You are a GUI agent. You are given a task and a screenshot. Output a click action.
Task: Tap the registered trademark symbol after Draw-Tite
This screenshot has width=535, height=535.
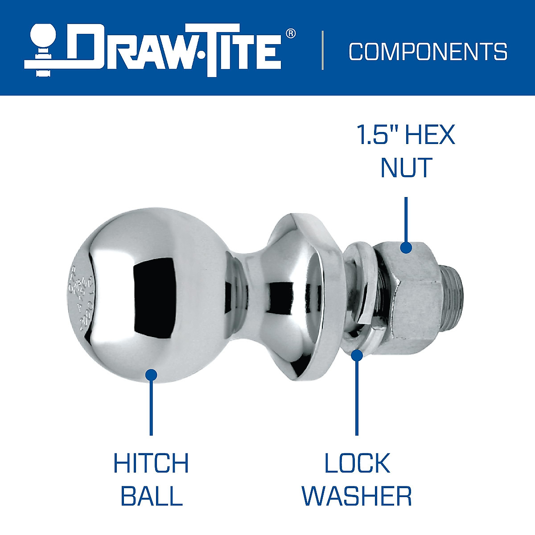tap(290, 33)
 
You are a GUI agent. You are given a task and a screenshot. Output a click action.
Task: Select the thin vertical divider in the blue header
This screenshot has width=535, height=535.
tap(323, 50)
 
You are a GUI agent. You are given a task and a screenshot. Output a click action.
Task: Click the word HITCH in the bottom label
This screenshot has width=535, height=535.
tap(151, 463)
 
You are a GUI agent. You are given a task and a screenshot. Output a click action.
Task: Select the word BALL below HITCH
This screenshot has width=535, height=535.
tap(152, 496)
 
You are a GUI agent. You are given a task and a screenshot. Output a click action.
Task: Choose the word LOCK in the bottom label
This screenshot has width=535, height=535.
tap(357, 463)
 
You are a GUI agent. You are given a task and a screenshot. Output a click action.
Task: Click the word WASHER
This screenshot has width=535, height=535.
tap(357, 496)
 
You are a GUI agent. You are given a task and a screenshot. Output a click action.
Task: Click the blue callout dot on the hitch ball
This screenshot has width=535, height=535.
tap(152, 375)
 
